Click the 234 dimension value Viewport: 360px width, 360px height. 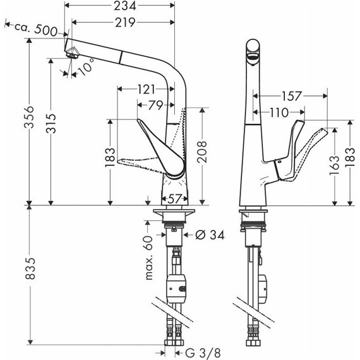pos(121,8)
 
